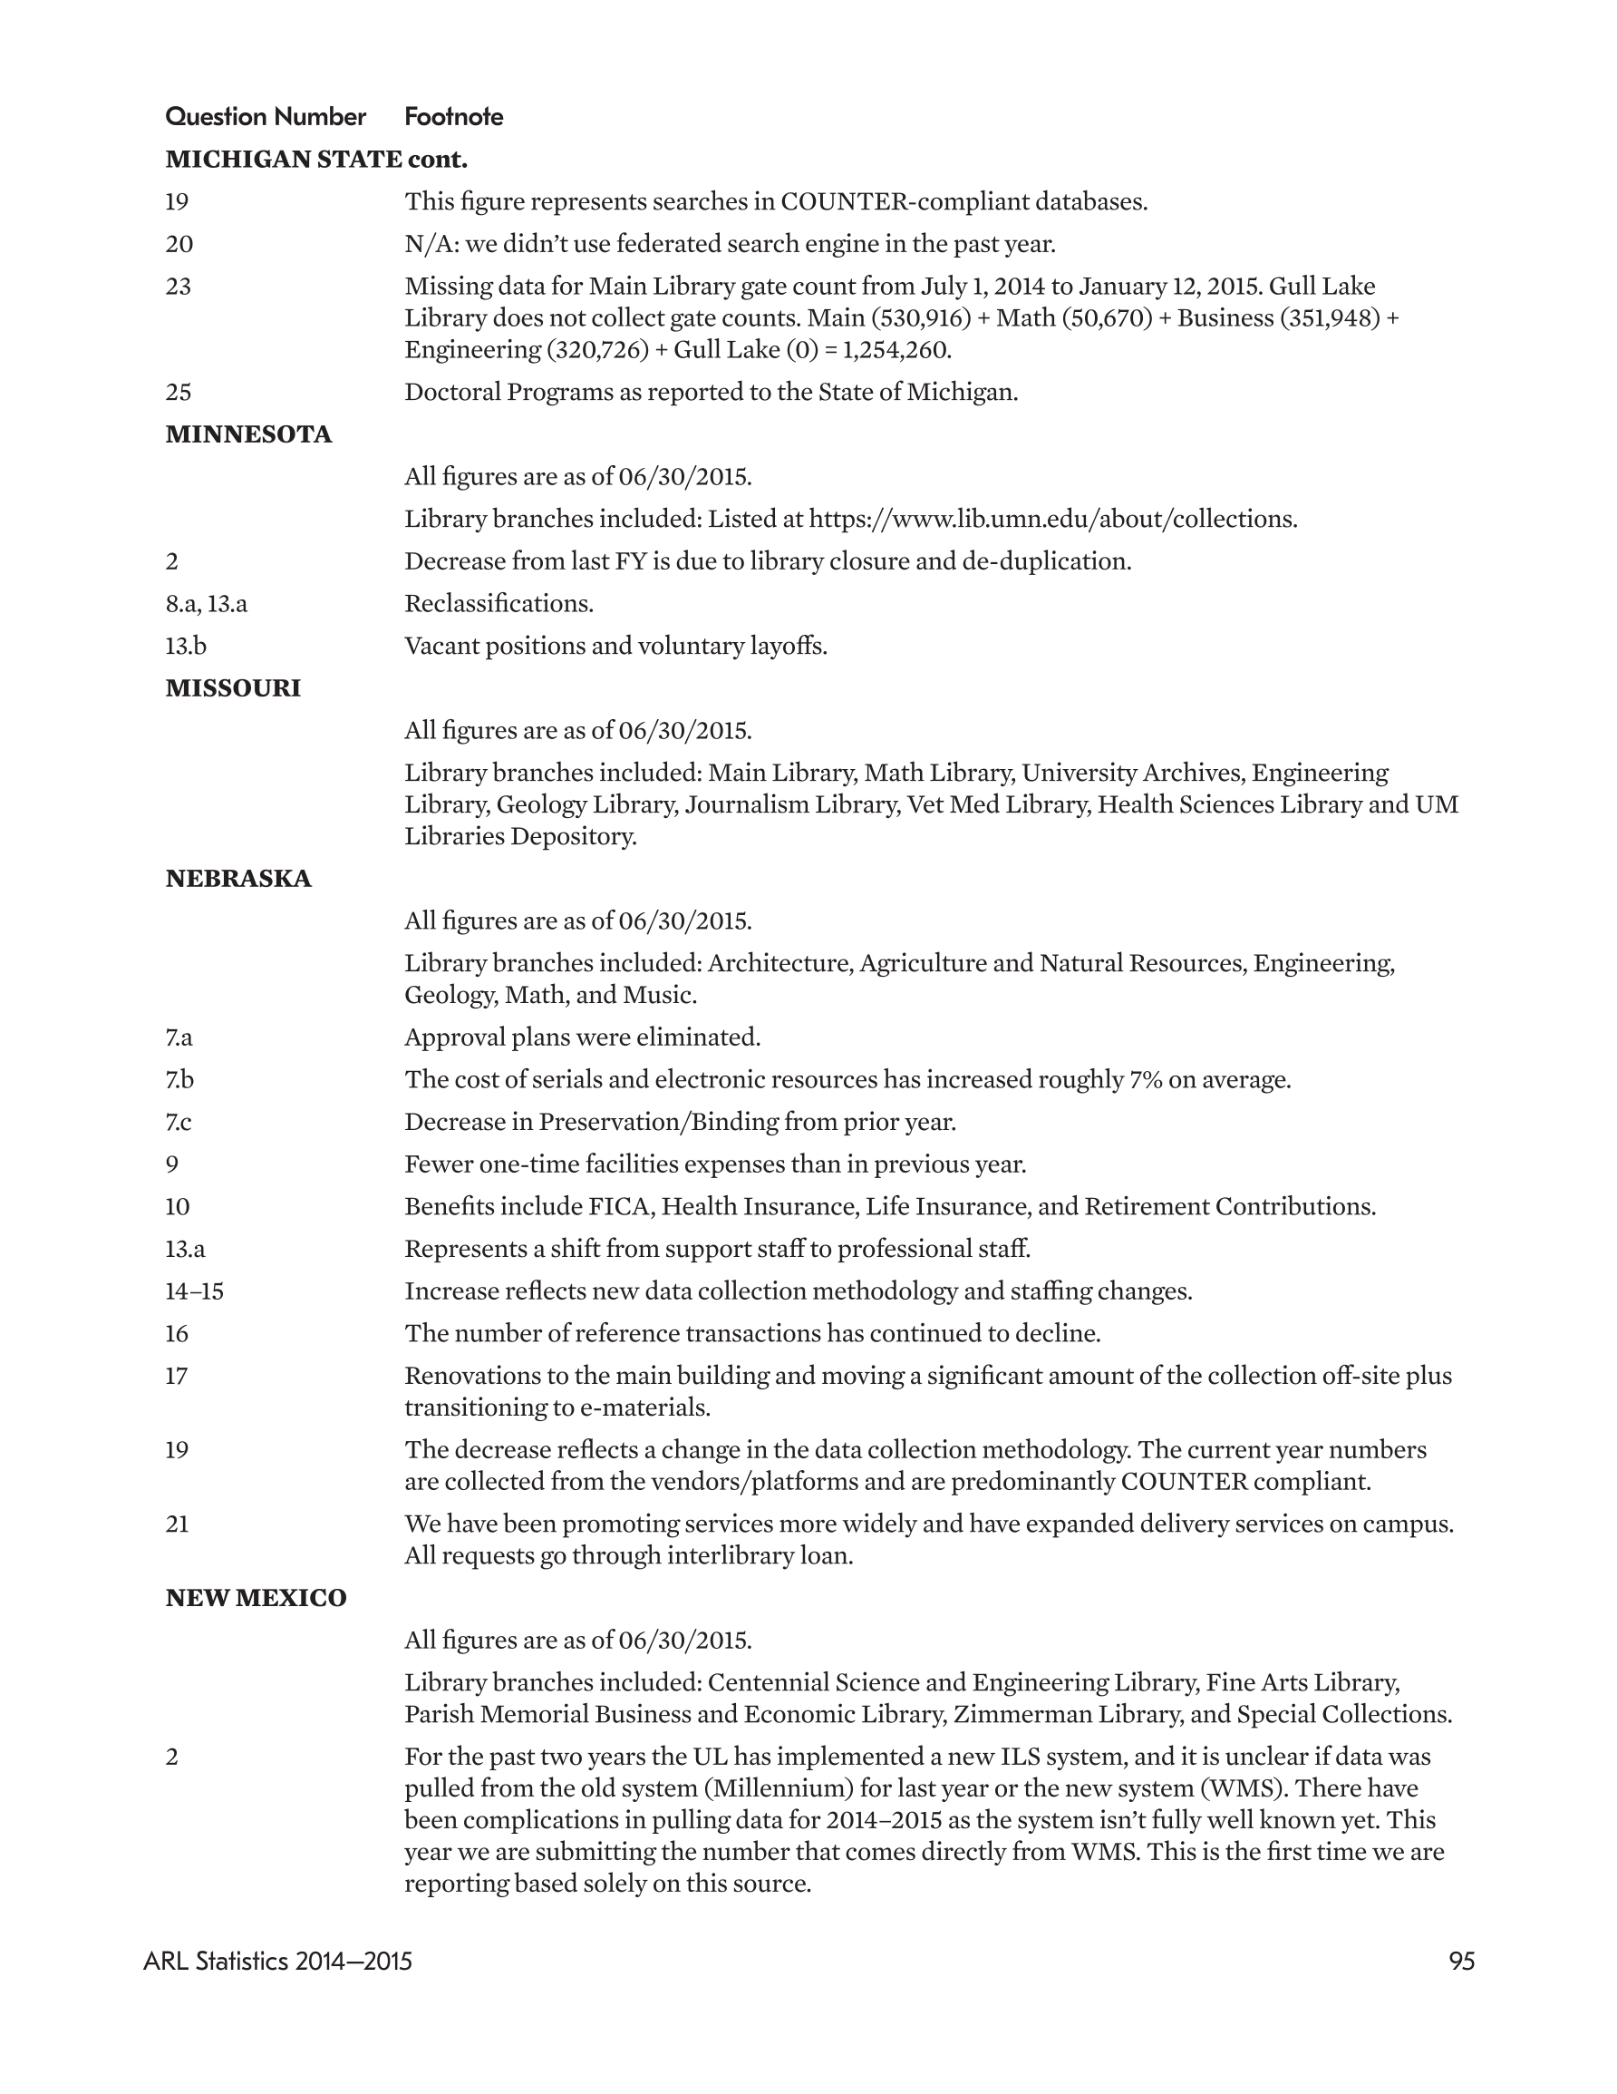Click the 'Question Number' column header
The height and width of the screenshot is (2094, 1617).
pos(266,117)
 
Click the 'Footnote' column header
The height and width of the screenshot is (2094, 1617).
pos(453,117)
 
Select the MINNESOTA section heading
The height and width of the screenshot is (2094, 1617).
pos(248,434)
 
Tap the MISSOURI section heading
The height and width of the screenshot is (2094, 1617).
pos(233,688)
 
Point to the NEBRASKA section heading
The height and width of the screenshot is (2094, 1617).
pos(237,878)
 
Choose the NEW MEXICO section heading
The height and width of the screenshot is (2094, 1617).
pos(256,1598)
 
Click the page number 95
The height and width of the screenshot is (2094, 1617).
pos(1462,1962)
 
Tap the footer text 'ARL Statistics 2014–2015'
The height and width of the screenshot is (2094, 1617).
pos(278,1962)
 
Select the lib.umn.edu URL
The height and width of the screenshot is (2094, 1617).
pos(1052,519)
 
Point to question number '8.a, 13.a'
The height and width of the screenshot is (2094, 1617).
pos(206,604)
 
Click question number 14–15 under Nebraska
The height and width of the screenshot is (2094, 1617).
pos(194,1291)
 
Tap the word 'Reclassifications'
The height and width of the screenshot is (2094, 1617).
pos(499,604)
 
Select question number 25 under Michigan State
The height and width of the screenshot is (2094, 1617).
pos(179,392)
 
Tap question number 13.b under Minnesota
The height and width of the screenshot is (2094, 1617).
pos(185,647)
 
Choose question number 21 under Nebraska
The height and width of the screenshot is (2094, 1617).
pos(178,1524)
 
